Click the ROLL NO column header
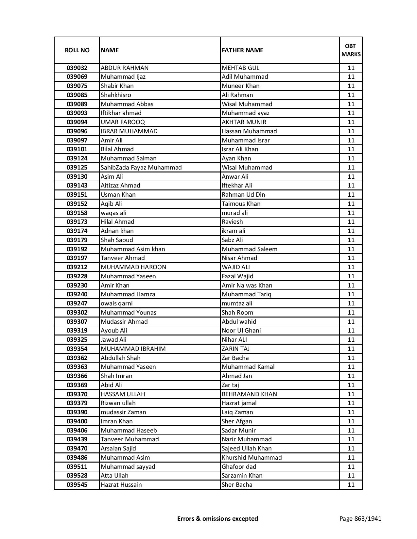click(x=77, y=50)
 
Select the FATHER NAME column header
click(x=242, y=50)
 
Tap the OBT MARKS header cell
click(x=351, y=50)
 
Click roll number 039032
click(x=77, y=68)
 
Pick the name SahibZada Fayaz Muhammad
click(x=141, y=168)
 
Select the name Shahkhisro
click(x=116, y=95)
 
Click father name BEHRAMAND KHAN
click(x=249, y=394)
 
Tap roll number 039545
click(x=77, y=485)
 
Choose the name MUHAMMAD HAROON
click(x=133, y=267)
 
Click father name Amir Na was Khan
click(x=247, y=286)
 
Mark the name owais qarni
click(x=117, y=303)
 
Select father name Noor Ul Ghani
click(x=241, y=331)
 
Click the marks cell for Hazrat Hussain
click(x=351, y=485)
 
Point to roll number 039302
click(x=77, y=313)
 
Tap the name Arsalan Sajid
click(x=118, y=449)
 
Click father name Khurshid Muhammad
click(x=252, y=458)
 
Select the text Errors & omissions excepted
click(x=217, y=518)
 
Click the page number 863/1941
click(x=360, y=518)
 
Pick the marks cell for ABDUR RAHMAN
click(x=351, y=68)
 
